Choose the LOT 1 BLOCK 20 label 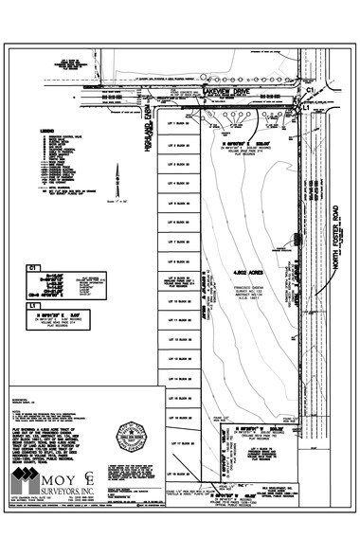coord(181,124)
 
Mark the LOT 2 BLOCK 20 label coord(181,146)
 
